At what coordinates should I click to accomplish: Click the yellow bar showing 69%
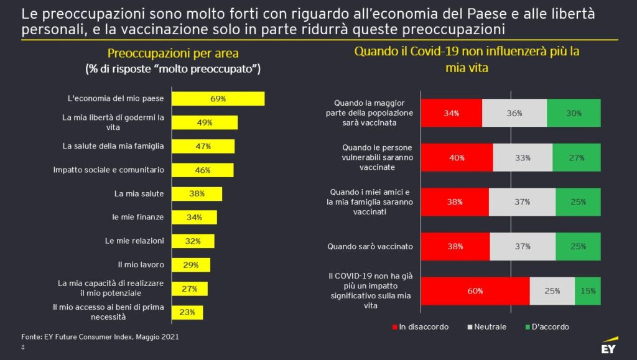[218, 99]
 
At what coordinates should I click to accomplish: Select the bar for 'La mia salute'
[197, 193]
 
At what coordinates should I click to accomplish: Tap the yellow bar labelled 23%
[187, 312]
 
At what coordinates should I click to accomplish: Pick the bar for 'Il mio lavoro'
[190, 265]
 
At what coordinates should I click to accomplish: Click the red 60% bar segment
[475, 290]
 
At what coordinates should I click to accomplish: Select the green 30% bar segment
[574, 113]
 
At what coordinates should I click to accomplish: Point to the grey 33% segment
[523, 158]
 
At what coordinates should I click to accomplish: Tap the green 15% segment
[588, 290]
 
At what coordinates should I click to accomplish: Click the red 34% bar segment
[452, 113]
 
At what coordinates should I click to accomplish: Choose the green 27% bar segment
[577, 158]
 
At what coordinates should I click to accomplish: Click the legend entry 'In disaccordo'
[420, 326]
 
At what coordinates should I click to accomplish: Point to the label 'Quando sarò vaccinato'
[370, 246]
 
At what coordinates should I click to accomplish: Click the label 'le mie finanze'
[138, 217]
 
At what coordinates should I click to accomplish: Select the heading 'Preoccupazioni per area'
[173, 53]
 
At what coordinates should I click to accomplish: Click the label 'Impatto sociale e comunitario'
[109, 170]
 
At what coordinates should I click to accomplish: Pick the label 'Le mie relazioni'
[135, 241]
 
